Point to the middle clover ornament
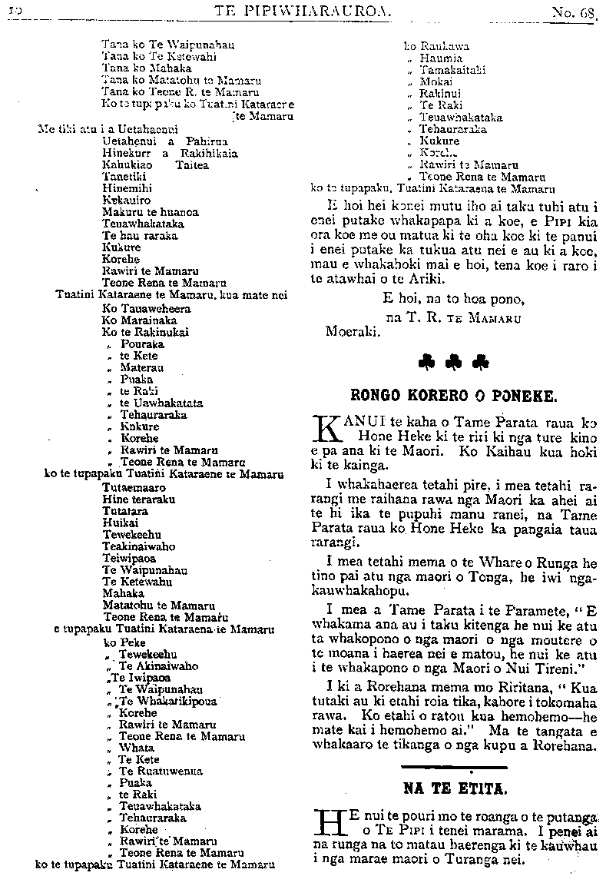[x=452, y=361]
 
